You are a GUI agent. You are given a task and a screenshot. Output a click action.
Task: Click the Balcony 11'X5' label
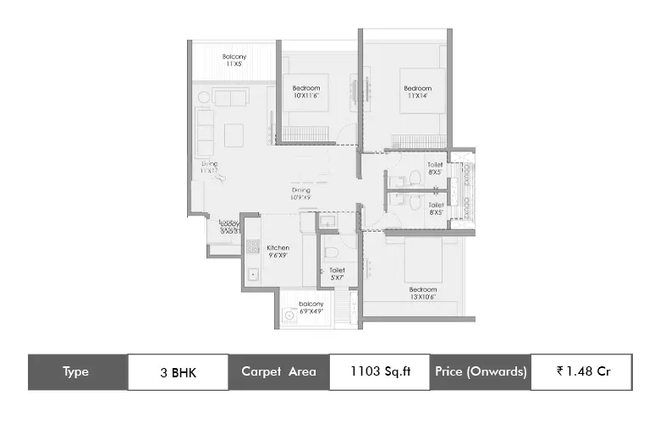click(234, 60)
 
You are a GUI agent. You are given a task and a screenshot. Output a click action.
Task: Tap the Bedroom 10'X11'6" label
click(306, 92)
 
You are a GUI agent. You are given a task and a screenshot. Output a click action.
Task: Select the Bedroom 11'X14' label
click(417, 92)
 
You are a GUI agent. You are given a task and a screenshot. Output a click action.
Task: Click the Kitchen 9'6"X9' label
click(278, 251)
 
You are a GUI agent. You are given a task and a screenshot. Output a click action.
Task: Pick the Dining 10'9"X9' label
click(301, 195)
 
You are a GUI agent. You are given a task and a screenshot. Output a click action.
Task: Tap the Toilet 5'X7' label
click(337, 273)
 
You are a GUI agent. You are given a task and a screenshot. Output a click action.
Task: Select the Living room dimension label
click(209, 167)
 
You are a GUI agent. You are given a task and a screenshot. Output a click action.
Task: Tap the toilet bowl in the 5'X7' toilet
click(333, 251)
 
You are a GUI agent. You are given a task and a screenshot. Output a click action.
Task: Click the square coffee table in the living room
click(234, 133)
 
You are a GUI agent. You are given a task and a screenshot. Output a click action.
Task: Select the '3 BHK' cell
click(177, 371)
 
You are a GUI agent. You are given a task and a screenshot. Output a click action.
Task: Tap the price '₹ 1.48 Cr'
click(580, 371)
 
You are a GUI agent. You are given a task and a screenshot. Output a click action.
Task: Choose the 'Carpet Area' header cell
click(278, 371)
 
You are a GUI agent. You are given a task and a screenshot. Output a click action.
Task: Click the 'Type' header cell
click(77, 371)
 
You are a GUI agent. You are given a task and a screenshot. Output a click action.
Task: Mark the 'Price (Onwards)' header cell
click(481, 371)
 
